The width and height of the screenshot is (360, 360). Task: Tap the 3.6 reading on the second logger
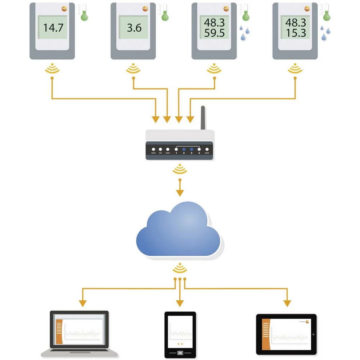pos(134,28)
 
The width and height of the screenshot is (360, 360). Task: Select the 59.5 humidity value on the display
pos(214,33)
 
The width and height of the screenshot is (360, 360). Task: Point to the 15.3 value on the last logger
pos(295,33)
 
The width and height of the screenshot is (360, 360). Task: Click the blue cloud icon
pos(179,230)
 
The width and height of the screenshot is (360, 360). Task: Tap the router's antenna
pos(203,118)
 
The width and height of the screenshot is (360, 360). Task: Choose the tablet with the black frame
pos(286,334)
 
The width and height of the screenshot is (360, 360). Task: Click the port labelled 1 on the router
pos(176,149)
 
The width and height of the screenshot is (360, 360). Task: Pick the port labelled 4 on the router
pos(199,149)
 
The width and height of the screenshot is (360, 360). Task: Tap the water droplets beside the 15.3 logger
pos(326,32)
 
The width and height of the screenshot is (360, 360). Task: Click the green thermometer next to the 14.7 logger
pos(84,13)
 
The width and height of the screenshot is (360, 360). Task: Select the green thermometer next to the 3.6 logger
pos(165,13)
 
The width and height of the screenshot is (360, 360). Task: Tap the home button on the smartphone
pos(180,353)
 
